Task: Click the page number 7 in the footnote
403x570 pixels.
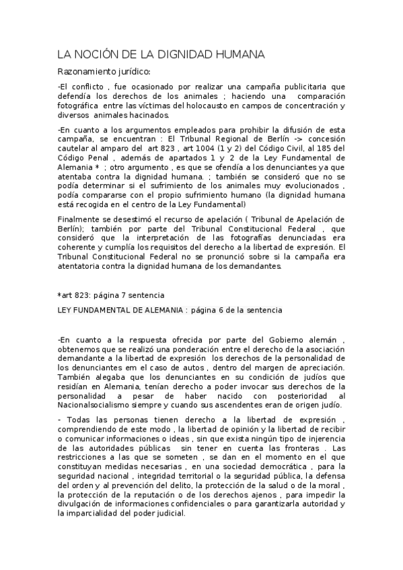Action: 124,294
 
